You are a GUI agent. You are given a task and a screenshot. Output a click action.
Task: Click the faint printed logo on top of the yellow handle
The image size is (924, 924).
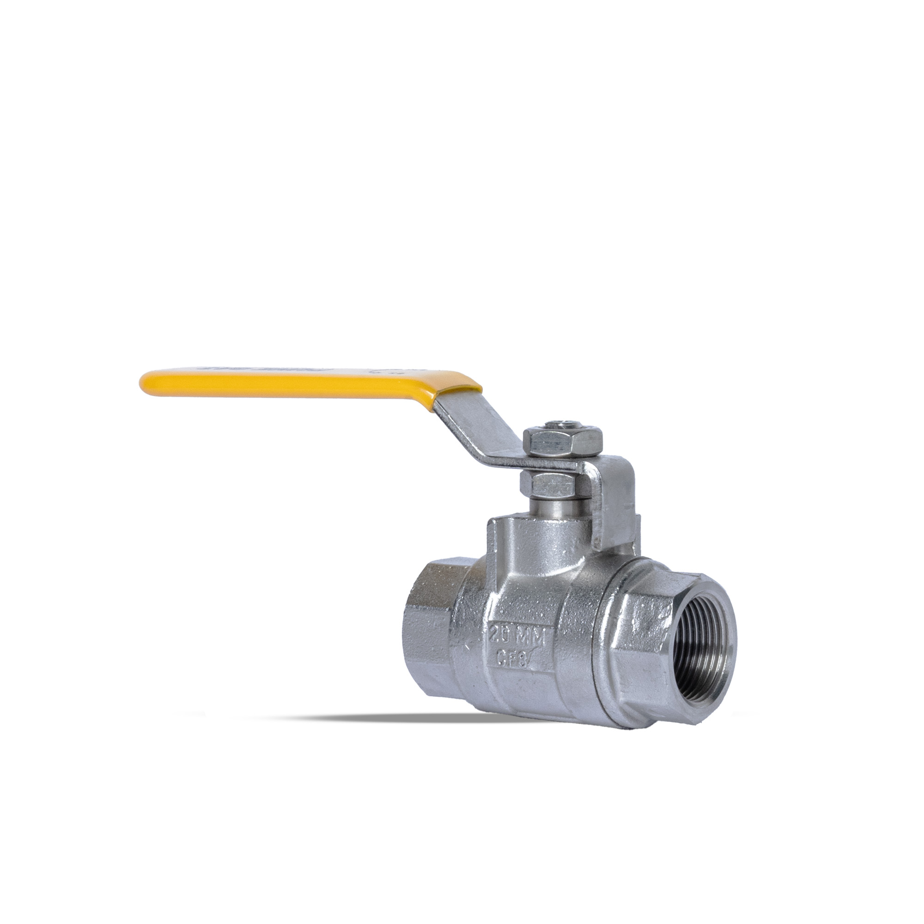[230, 370]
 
